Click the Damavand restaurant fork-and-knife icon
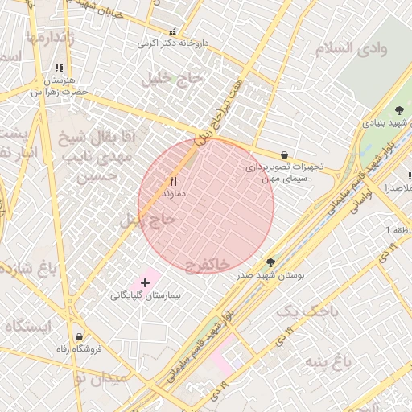tap(174, 182)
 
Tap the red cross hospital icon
tap(145, 283)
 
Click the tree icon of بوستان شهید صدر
tap(270, 262)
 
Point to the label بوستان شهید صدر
tap(270, 275)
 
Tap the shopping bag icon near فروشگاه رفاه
tap(79, 336)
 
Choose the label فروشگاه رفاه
tap(79, 349)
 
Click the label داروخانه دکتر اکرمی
tap(172, 43)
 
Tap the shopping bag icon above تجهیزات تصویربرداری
tap(284, 154)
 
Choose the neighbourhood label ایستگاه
tap(29, 326)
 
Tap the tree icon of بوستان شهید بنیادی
tap(400, 110)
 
